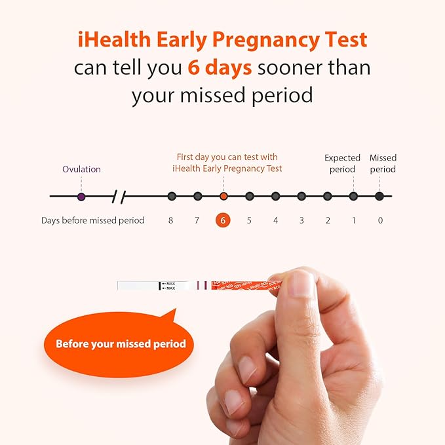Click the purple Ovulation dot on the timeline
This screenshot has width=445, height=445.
[81, 196]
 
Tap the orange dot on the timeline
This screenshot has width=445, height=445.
[223, 196]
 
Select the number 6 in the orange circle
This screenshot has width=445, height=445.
[223, 220]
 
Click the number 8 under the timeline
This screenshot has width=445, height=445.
[171, 220]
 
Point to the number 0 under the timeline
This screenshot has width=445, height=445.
[379, 220]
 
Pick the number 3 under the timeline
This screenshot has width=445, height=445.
[301, 220]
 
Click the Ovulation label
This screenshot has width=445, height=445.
[81, 169]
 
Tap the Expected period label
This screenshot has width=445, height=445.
[343, 163]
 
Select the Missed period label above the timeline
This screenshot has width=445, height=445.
[383, 163]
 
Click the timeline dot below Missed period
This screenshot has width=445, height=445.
[379, 196]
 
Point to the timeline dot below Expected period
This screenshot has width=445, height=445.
[353, 196]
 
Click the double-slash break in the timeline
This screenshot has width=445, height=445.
[119, 196]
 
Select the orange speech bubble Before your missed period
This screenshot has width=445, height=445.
[121, 344]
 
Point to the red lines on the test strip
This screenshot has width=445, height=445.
[202, 285]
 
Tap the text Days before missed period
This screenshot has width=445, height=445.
[92, 220]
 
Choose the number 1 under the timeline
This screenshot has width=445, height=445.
[354, 220]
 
